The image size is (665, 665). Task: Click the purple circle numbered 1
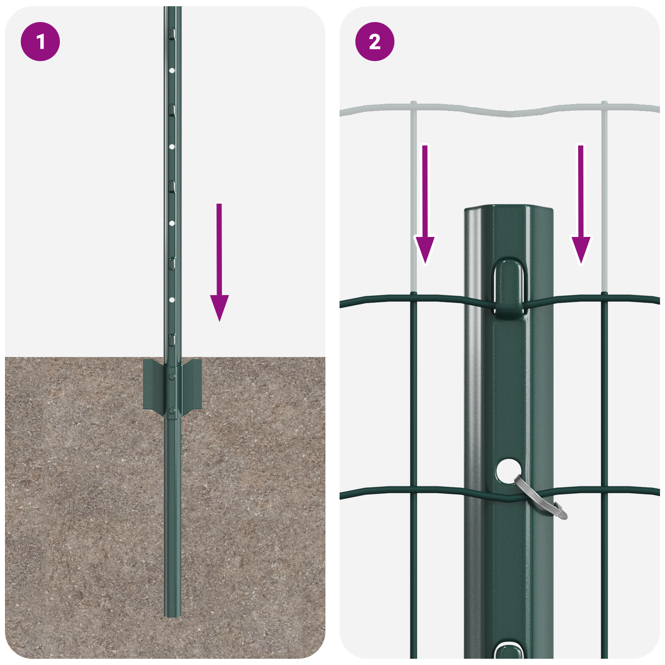[40, 42]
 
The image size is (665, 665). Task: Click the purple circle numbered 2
[374, 42]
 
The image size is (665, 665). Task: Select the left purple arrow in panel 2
[424, 208]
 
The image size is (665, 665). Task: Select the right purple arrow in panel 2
[581, 208]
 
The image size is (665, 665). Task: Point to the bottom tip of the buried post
[172, 616]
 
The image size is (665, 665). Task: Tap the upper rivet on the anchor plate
[171, 376]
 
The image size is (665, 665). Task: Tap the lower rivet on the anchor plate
[171, 411]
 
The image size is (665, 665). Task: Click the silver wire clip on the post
[540, 499]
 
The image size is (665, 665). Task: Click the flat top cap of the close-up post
[509, 207]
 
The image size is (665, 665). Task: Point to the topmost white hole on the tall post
[172, 71]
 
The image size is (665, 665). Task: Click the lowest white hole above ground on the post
[172, 300]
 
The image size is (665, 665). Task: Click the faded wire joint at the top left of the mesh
[413, 104]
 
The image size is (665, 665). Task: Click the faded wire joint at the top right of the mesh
[604, 104]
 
